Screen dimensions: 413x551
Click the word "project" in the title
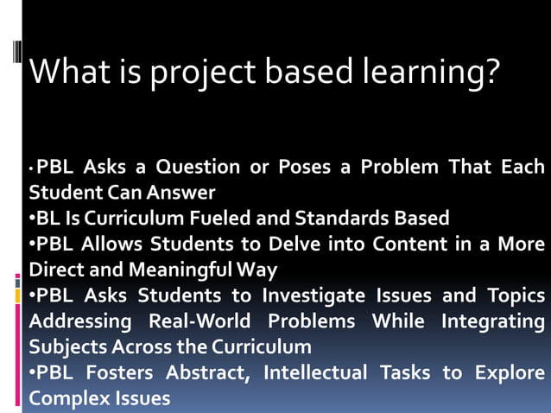[x=199, y=72]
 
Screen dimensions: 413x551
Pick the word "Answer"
[x=182, y=192]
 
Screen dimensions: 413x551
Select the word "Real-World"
[x=199, y=321]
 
